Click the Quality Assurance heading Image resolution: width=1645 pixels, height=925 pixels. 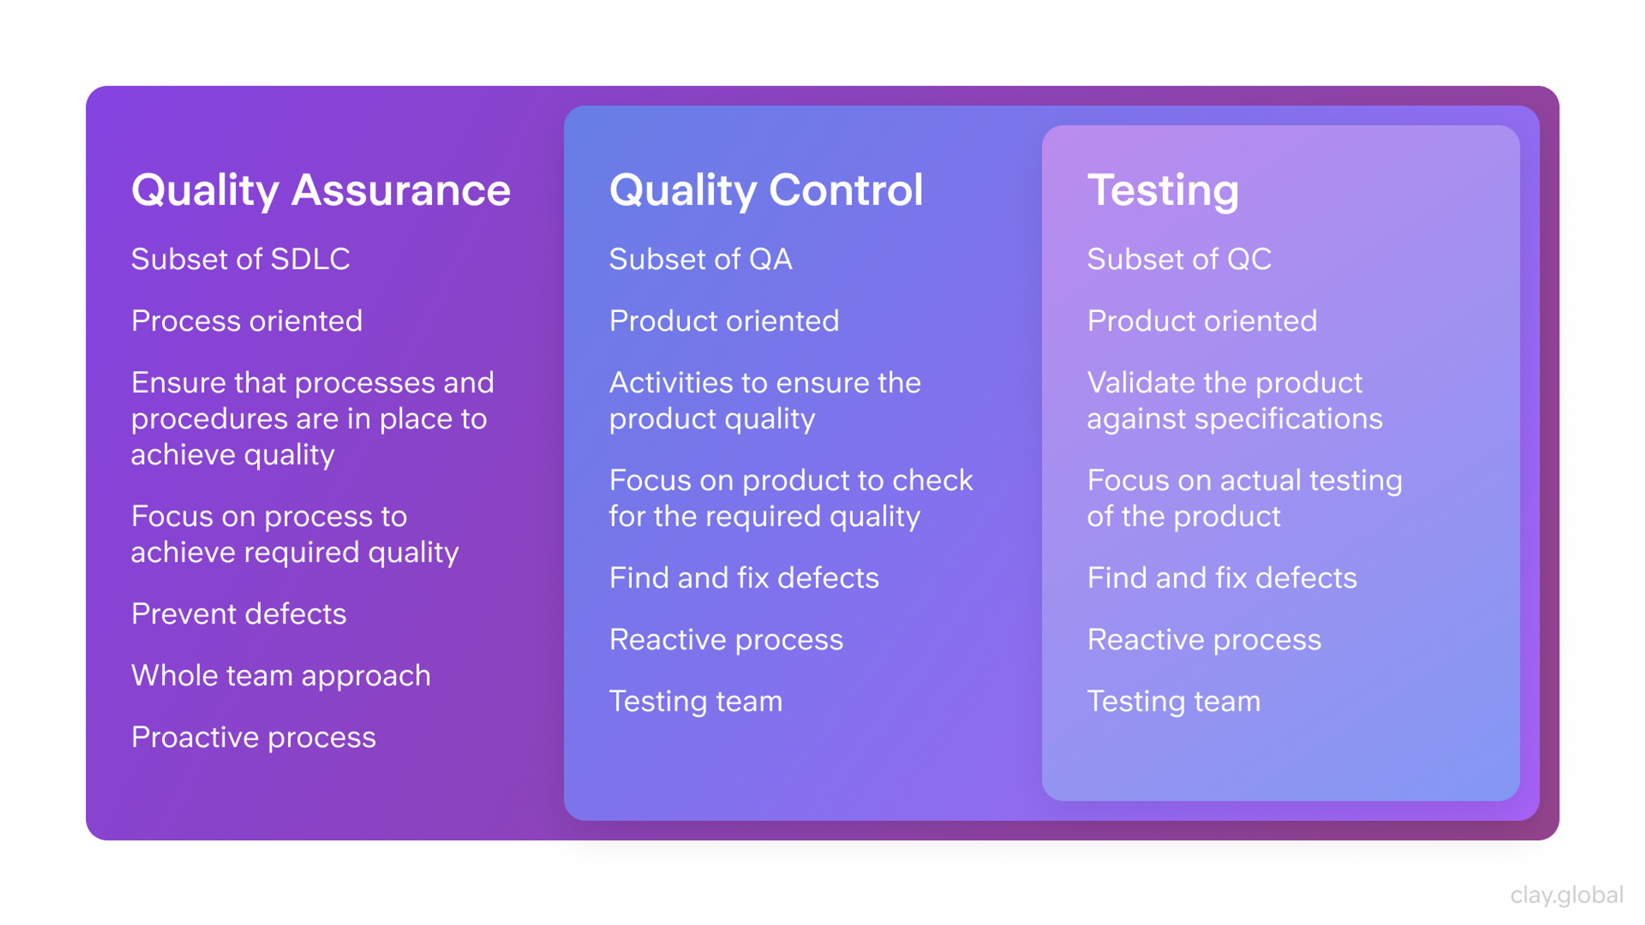(320, 190)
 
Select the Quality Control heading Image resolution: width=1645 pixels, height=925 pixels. (766, 190)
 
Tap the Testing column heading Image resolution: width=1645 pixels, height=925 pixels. (1162, 190)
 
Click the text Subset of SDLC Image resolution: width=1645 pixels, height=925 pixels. (240, 259)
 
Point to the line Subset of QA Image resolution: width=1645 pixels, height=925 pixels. (700, 259)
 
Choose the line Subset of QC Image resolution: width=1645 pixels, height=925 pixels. (1179, 259)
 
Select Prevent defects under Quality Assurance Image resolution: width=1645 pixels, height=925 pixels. (238, 614)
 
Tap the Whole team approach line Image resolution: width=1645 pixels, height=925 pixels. (280, 675)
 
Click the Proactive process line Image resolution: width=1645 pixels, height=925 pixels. (253, 737)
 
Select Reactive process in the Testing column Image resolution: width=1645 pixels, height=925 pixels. (1204, 640)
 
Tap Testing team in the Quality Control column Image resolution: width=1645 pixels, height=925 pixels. (695, 701)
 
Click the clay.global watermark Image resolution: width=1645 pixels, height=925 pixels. (1567, 895)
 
